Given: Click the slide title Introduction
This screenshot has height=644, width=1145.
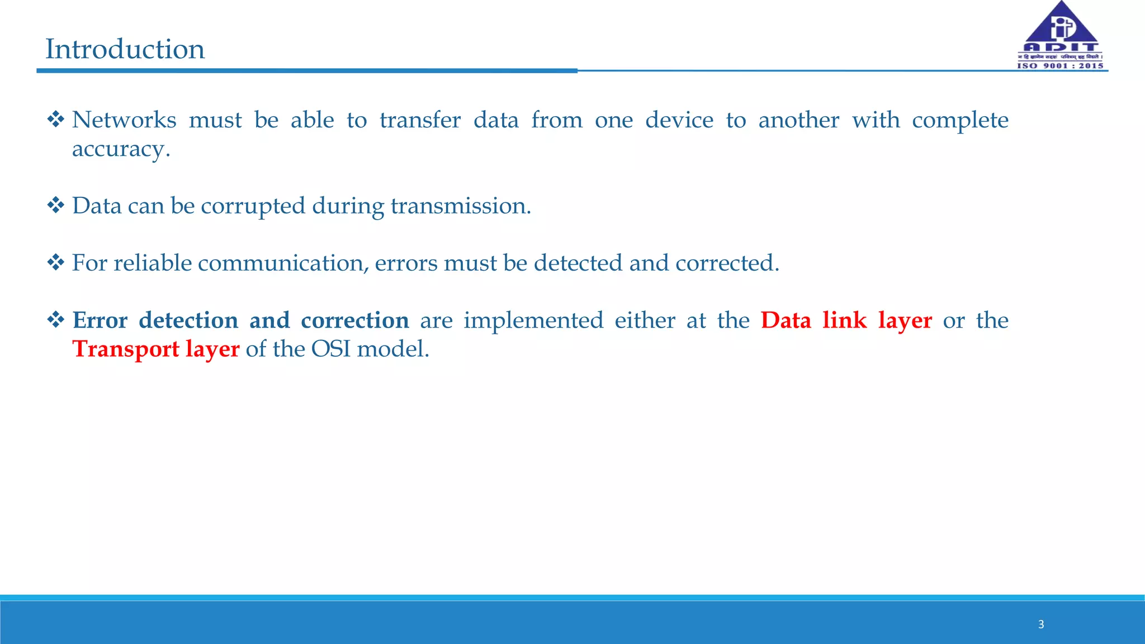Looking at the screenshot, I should pos(125,49).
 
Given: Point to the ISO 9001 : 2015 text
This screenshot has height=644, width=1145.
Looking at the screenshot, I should pos(1060,66).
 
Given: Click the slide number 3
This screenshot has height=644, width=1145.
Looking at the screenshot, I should pos(1041,624).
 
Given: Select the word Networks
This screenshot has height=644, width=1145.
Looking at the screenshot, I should pos(124,120).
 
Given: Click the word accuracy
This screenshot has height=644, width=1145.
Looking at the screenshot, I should pos(120,149).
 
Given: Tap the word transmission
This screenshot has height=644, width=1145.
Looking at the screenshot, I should pos(460,206).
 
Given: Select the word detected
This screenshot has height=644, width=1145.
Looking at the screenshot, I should pos(578,263).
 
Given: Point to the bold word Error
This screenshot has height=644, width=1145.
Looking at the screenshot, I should pos(100,321).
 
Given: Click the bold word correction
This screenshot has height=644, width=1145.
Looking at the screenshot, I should pos(355,321).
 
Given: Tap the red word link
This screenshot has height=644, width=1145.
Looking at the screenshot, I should pos(844,321).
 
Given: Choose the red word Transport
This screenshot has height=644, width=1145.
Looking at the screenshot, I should pos(126,349).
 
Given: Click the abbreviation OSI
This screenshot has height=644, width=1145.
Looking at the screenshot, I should pos(330,349).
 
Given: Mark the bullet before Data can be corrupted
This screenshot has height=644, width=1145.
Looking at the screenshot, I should pos(56,205).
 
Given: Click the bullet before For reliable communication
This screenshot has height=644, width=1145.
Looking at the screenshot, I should pos(56,262).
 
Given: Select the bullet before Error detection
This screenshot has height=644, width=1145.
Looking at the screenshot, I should pos(56,320).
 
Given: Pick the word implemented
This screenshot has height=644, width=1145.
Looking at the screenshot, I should pos(533,321).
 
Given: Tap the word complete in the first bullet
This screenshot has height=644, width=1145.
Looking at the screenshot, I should pos(960,121).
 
